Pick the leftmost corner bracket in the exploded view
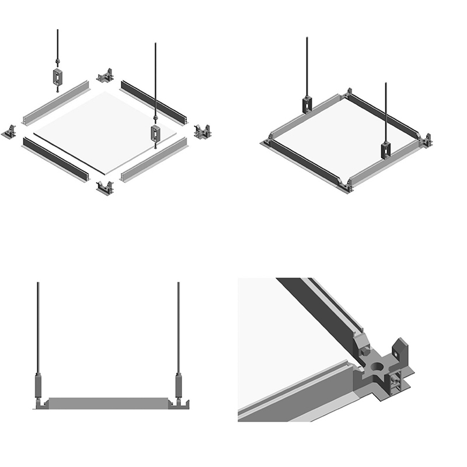11,132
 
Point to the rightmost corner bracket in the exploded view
203,132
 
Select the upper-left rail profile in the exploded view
56,102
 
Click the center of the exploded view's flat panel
105,132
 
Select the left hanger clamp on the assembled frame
307,104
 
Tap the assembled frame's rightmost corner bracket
426,140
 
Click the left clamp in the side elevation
39,386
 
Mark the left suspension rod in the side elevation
39,327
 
